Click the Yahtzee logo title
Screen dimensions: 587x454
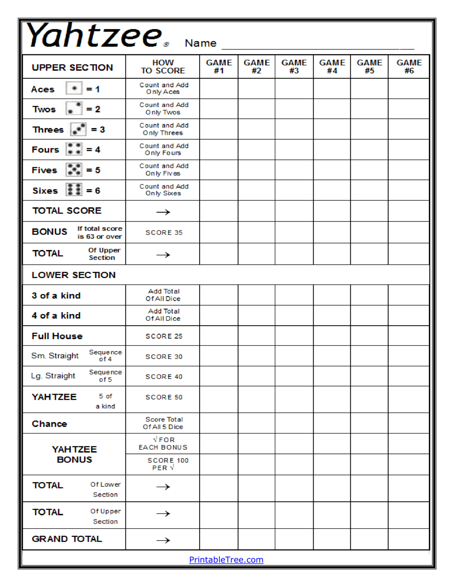click(x=94, y=36)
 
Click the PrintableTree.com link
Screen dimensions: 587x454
click(x=226, y=559)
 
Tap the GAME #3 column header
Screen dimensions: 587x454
click(x=294, y=66)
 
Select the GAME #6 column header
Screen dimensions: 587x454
click(x=408, y=66)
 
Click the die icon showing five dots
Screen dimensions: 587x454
click(x=74, y=170)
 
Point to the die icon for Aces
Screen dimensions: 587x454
click(x=74, y=88)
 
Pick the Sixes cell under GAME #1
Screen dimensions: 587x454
click(x=218, y=190)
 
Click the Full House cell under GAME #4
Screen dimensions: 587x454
click(x=332, y=336)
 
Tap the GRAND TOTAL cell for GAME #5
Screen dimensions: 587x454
click(x=369, y=539)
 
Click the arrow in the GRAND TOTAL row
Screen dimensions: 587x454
click(x=163, y=540)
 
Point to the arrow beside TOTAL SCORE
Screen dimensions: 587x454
click(x=163, y=212)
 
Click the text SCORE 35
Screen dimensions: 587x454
click(x=164, y=232)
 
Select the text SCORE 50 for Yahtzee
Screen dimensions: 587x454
click(x=164, y=397)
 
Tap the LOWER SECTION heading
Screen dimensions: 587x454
click(x=73, y=275)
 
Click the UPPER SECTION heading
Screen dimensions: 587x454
click(x=72, y=67)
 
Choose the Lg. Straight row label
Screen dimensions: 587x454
click(x=53, y=376)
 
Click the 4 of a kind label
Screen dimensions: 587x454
click(x=56, y=315)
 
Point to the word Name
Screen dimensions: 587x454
click(x=200, y=43)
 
